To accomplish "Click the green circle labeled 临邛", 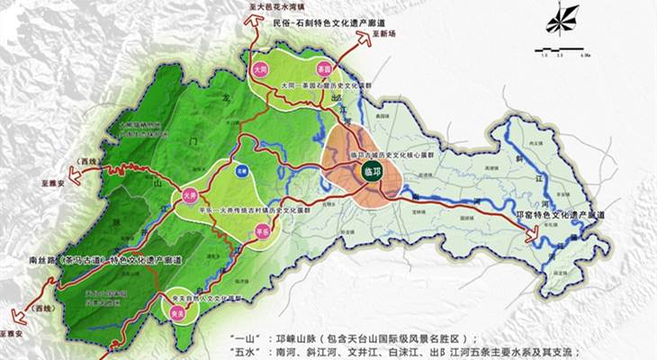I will coord(370,168).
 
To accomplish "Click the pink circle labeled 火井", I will coord(190,193).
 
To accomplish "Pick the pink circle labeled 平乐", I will coord(262,231).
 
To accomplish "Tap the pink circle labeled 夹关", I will coord(177,311).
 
